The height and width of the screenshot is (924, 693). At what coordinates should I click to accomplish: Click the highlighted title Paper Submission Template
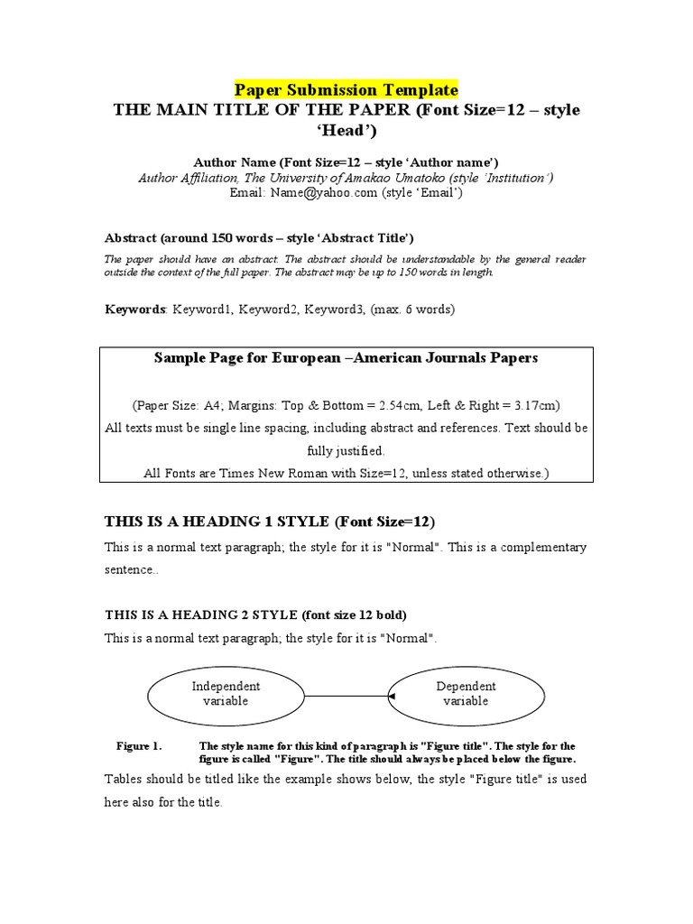pyautogui.click(x=346, y=90)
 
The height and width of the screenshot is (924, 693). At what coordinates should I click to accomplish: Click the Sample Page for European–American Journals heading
pyautogui.click(x=346, y=357)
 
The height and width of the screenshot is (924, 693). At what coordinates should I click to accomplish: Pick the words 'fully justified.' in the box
pyautogui.click(x=346, y=449)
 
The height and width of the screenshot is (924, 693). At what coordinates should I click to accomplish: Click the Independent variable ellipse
pyautogui.click(x=226, y=694)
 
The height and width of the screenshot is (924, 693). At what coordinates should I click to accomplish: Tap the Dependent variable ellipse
pyautogui.click(x=466, y=694)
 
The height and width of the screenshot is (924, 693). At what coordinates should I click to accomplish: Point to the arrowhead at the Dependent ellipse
pyautogui.click(x=392, y=696)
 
